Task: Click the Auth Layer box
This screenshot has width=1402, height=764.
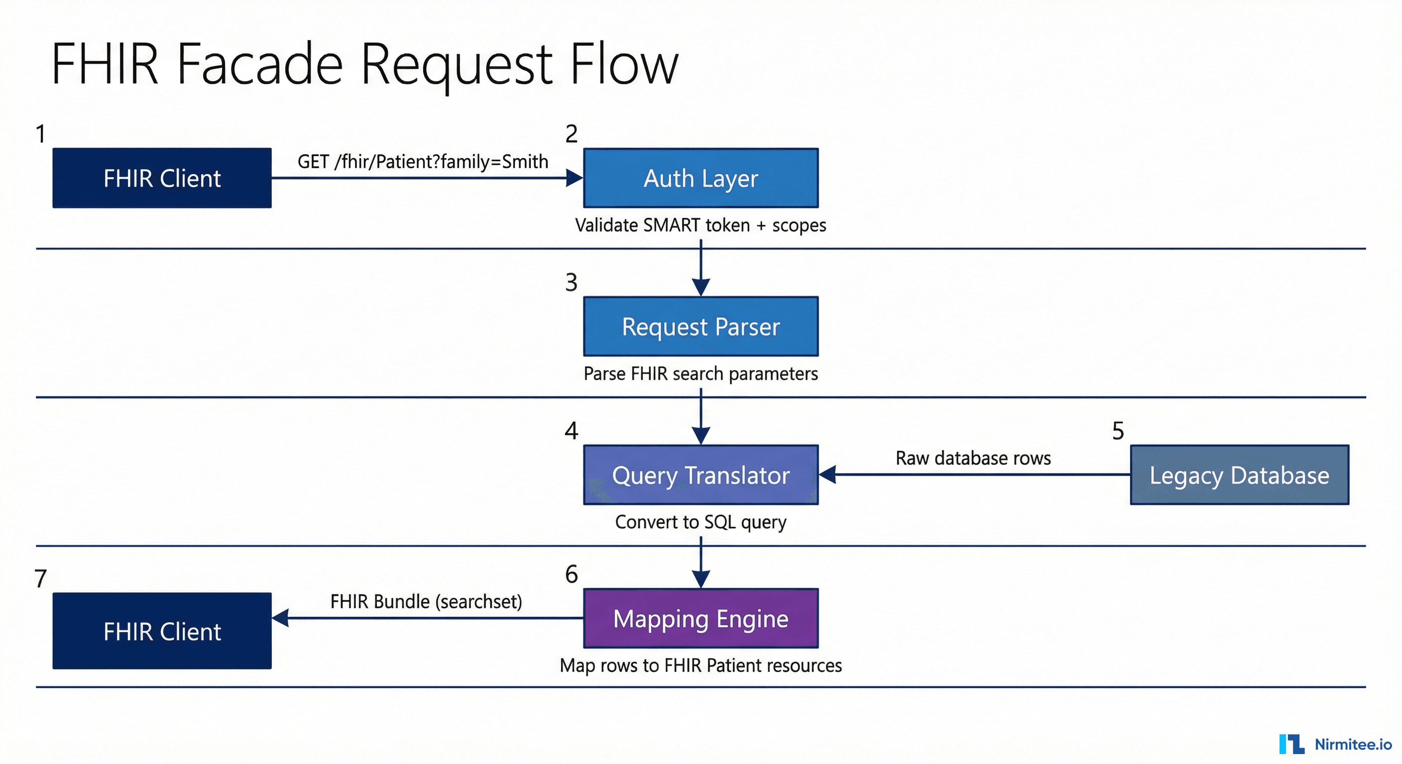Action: (701, 178)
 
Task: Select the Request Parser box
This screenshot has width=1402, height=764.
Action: (701, 326)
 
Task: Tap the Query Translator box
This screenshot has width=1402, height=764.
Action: (701, 475)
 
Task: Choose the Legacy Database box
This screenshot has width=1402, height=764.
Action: (1239, 475)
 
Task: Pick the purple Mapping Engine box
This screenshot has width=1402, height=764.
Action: (701, 618)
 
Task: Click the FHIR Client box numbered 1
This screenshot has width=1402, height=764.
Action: (162, 178)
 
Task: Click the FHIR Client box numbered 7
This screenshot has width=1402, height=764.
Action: (162, 631)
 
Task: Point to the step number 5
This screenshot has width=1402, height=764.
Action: (1118, 431)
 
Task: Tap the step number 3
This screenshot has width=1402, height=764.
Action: (571, 282)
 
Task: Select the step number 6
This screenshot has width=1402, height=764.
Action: (571, 574)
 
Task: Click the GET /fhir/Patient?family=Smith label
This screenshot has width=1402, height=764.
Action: (422, 162)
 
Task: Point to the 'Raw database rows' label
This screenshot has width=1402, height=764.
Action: (973, 458)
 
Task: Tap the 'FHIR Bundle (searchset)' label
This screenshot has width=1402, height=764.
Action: (426, 601)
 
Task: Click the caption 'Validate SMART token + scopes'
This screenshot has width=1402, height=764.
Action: (701, 225)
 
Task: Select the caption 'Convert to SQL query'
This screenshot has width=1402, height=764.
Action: (701, 522)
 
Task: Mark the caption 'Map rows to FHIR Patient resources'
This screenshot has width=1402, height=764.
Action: (701, 666)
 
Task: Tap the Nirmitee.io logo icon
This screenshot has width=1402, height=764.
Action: (1291, 744)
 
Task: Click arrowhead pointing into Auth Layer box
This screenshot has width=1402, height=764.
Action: (574, 178)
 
